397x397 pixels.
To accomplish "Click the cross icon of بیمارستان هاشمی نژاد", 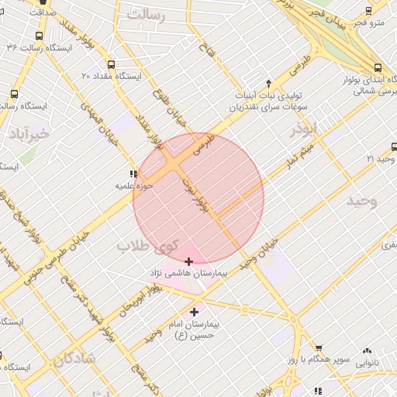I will tap(189, 261).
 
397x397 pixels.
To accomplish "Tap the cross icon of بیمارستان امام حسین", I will tap(194, 312).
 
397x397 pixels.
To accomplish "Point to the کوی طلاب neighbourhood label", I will tap(147, 246).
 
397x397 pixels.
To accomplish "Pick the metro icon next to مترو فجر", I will tap(368, 11).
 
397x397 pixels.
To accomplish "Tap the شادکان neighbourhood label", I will tap(74, 359).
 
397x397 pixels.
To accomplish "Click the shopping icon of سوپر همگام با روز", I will tap(317, 349).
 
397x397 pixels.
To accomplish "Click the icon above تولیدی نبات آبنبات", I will tap(268, 82).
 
